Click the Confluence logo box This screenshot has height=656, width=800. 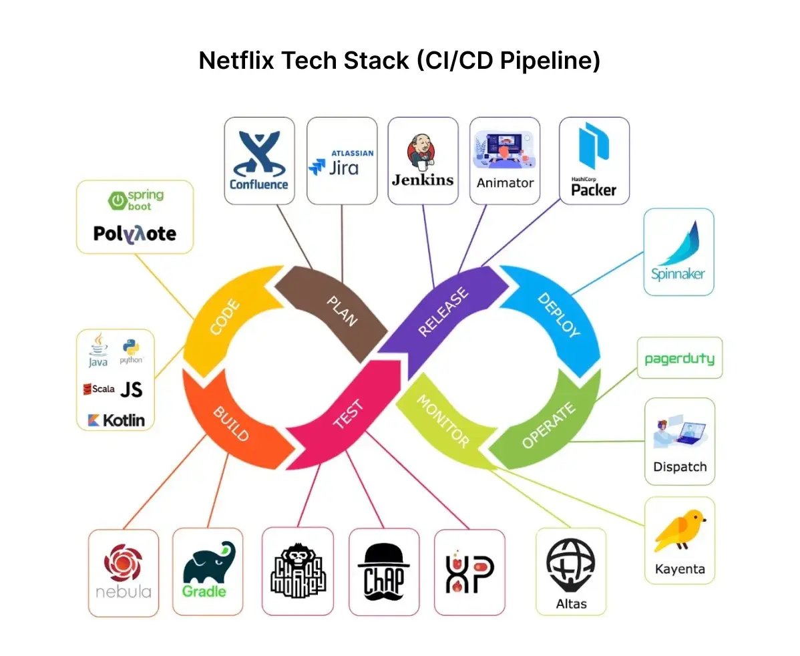click(259, 160)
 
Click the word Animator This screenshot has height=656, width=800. click(505, 182)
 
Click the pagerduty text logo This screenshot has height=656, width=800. click(679, 359)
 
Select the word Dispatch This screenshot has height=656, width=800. click(680, 467)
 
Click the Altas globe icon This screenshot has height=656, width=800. click(570, 564)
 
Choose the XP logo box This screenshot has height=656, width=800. click(469, 572)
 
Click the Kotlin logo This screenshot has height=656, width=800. click(116, 420)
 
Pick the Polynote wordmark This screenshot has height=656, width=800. click(135, 233)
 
